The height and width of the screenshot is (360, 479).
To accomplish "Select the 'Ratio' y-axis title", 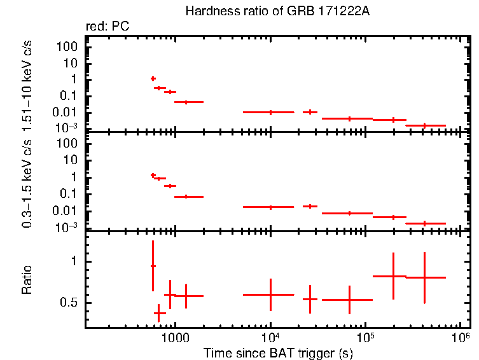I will point(27,280).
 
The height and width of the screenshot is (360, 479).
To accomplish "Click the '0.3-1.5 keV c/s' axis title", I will point(27,183).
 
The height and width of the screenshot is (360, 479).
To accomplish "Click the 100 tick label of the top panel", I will point(68,47).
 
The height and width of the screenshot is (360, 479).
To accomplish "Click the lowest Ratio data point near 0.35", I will point(159,313).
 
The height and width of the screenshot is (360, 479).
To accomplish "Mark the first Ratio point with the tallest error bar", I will point(153,266).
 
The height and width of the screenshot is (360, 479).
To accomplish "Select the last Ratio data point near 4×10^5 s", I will point(424,277).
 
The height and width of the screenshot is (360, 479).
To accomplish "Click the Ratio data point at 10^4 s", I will point(270,294).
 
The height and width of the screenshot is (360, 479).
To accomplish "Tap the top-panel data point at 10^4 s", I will point(270,112).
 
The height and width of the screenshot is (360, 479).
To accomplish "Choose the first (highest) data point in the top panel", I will point(153,78).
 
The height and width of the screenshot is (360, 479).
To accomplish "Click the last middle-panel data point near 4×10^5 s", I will point(424,223).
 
